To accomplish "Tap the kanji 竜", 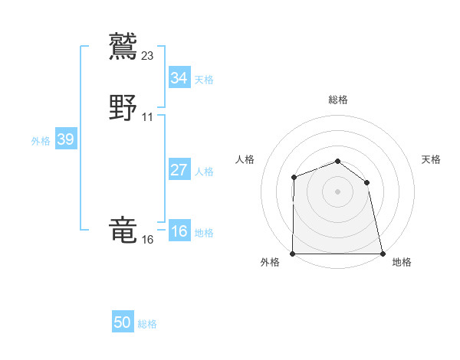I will (123, 230).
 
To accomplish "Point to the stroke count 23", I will (148, 55).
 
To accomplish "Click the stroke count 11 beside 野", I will (147, 117).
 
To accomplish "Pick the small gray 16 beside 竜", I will (147, 240).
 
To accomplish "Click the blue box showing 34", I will (179, 77).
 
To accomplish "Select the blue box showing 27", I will (179, 170).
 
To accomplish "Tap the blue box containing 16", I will (179, 232).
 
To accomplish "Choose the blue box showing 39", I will (65, 139).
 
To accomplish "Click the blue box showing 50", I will (123, 322).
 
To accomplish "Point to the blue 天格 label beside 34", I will (204, 79).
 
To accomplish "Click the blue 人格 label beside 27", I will (204, 172).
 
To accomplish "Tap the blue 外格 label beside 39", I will (40, 141).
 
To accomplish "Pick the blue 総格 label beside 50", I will (147, 324).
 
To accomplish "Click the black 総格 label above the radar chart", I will (337, 100).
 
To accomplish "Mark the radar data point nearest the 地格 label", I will (382, 254).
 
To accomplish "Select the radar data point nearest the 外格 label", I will (293, 254).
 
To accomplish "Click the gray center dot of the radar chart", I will (337, 191).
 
